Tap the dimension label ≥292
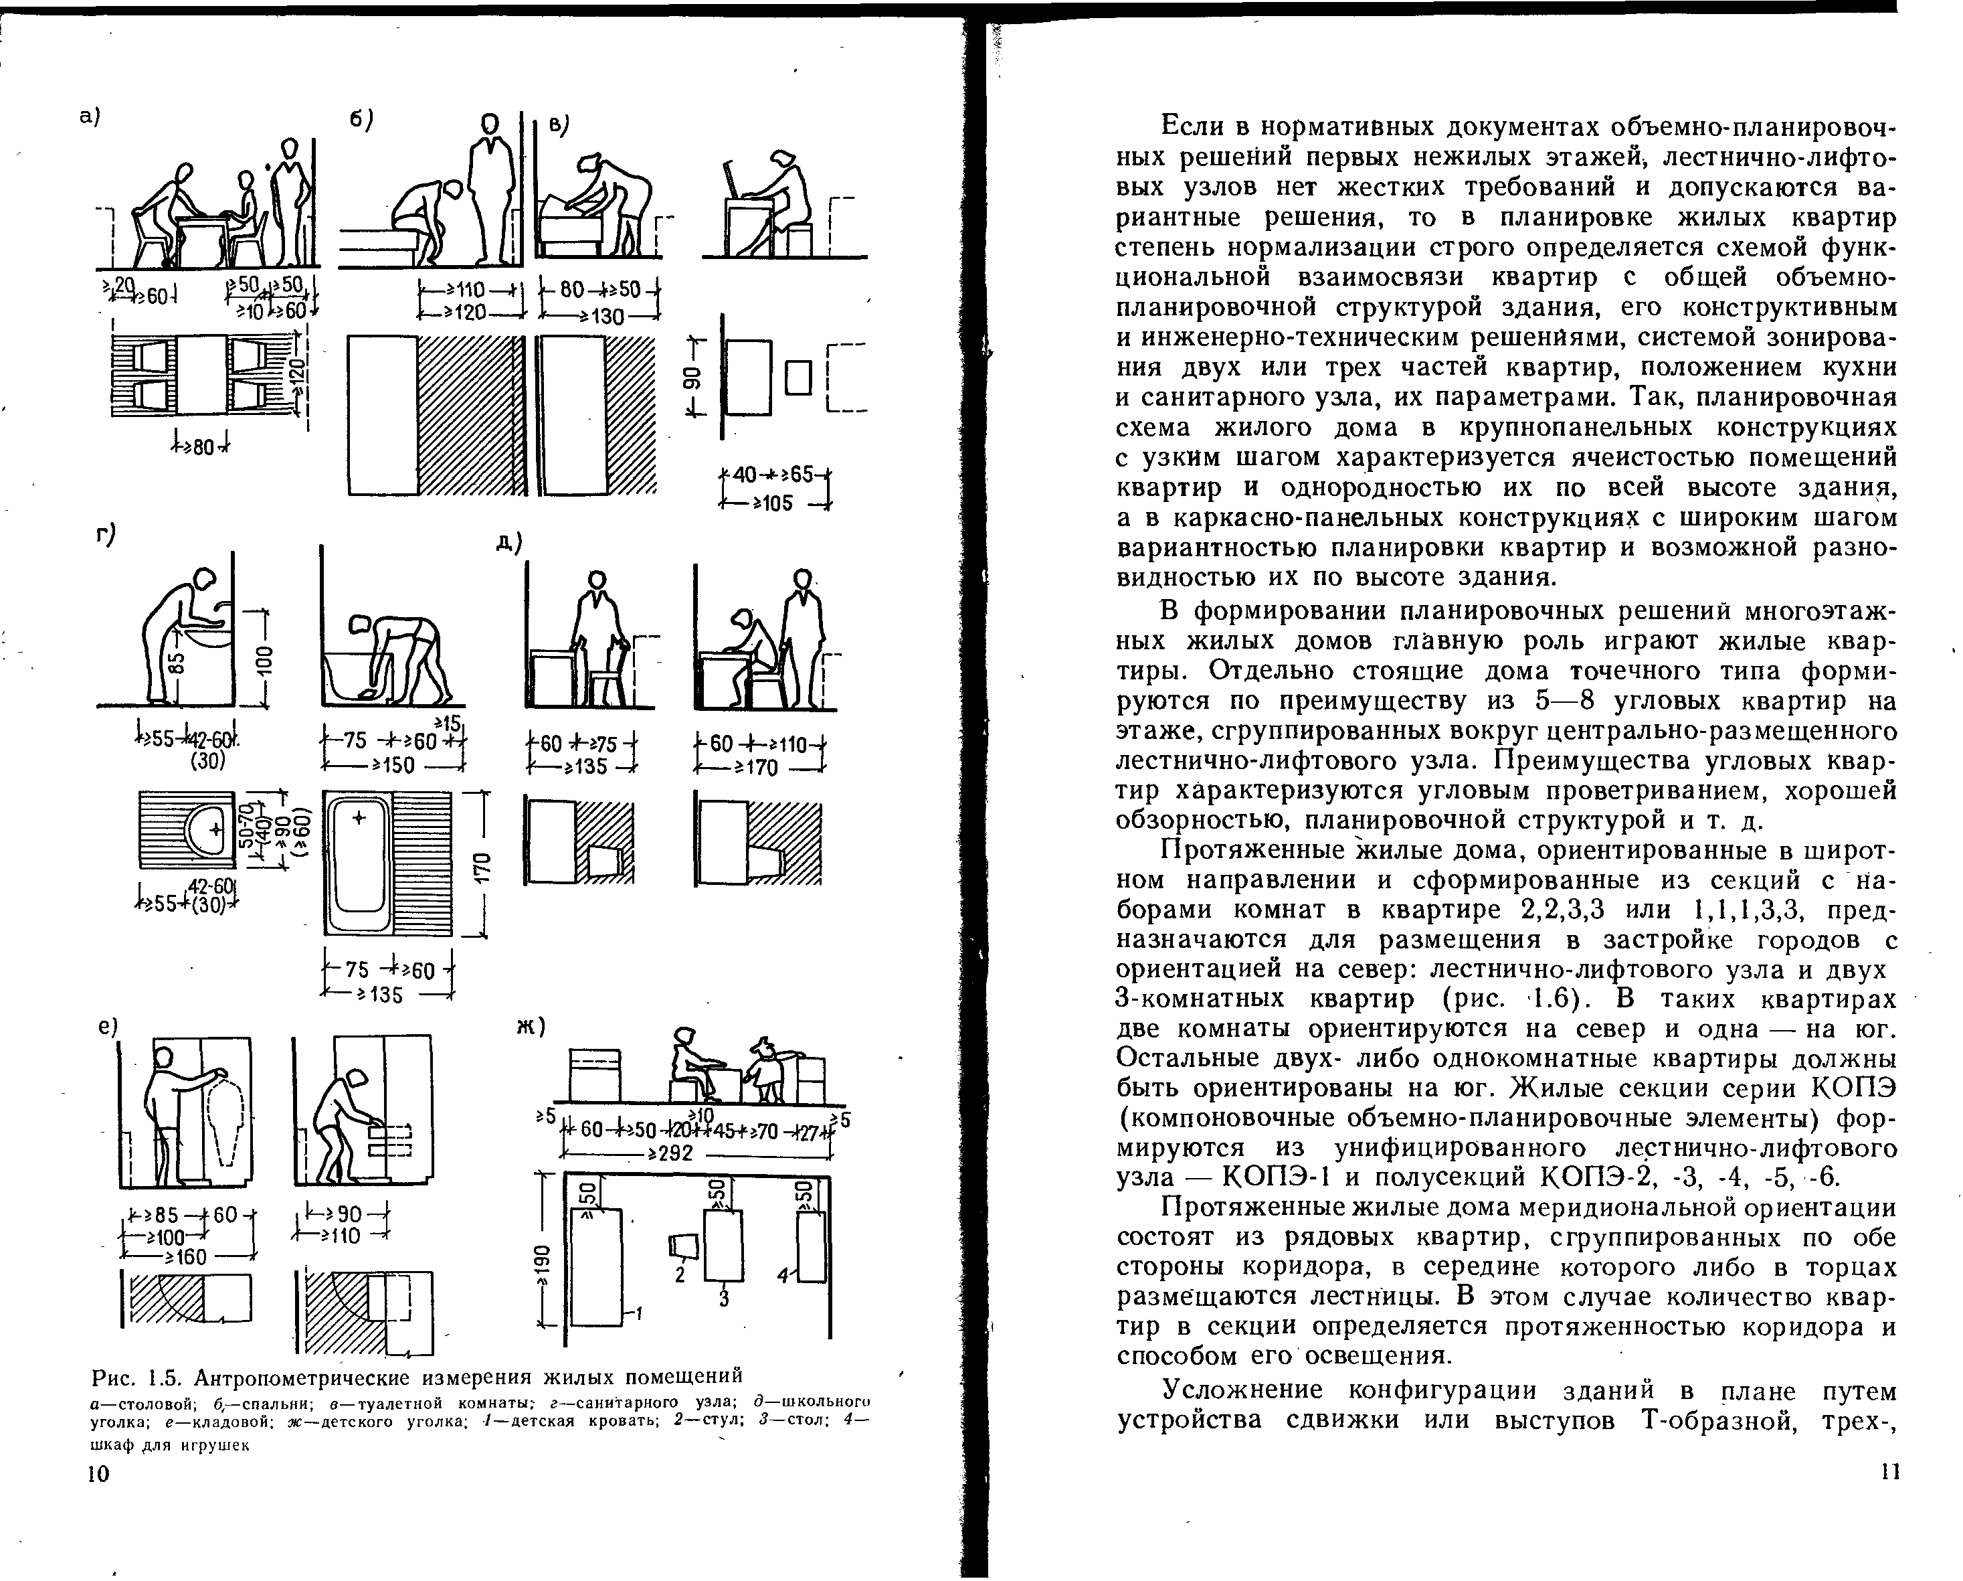pos(670,1154)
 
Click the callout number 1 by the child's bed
pos(639,1313)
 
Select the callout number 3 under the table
pos(724,1300)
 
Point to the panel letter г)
pos(106,535)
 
